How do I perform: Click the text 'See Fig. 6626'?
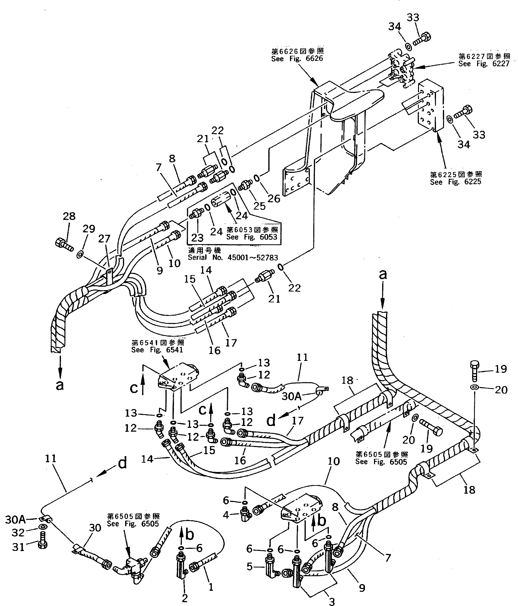[x=297, y=59]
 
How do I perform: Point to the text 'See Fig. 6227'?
[x=484, y=64]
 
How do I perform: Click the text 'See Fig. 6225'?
[x=455, y=182]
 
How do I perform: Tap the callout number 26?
[x=274, y=199]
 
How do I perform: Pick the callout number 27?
[x=104, y=239]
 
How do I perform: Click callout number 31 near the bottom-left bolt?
[x=18, y=547]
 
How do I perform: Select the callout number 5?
[x=249, y=566]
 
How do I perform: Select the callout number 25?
[x=259, y=206]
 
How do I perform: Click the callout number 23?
[x=197, y=237]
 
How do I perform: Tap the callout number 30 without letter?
[x=95, y=528]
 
